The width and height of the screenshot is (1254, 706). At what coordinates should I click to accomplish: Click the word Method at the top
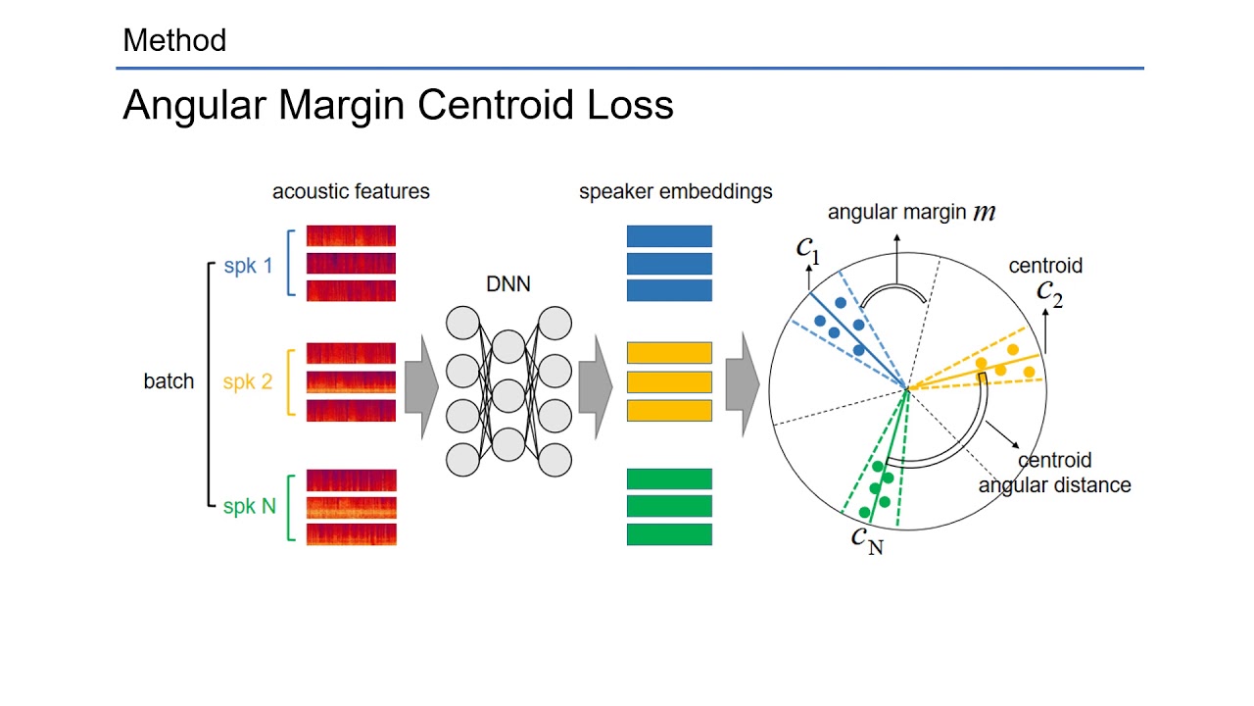tap(174, 40)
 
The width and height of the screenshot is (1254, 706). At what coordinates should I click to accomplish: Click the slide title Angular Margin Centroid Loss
tap(398, 105)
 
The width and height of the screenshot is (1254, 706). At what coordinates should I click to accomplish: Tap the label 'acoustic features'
tap(351, 191)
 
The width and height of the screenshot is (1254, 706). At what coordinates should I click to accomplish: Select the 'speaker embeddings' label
tap(675, 191)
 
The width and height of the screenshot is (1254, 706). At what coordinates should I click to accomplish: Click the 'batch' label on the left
tap(169, 381)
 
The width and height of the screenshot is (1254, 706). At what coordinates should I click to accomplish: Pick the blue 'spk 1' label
tap(248, 265)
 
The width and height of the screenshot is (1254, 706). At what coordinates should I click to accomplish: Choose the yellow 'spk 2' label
tap(247, 381)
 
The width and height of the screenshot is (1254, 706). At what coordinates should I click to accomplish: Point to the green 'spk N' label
tap(249, 506)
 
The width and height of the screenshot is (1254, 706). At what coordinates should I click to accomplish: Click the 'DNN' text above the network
tap(509, 284)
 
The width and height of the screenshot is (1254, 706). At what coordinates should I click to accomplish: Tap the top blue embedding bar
tap(669, 236)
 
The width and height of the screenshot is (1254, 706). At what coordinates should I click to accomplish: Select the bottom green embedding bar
tap(669, 534)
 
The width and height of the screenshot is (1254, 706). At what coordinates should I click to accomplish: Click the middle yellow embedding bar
tap(669, 381)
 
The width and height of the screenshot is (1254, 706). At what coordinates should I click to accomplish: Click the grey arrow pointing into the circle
tap(743, 384)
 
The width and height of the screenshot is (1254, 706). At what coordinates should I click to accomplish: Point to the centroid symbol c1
tap(807, 249)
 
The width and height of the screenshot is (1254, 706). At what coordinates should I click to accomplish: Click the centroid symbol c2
tap(1049, 291)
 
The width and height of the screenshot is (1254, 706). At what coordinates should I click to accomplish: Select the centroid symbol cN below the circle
tap(866, 539)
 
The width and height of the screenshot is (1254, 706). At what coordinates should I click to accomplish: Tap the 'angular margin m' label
tap(911, 212)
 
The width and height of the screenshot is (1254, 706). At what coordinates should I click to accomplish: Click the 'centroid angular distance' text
tap(1054, 473)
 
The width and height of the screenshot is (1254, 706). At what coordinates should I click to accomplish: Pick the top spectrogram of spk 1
tap(351, 236)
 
